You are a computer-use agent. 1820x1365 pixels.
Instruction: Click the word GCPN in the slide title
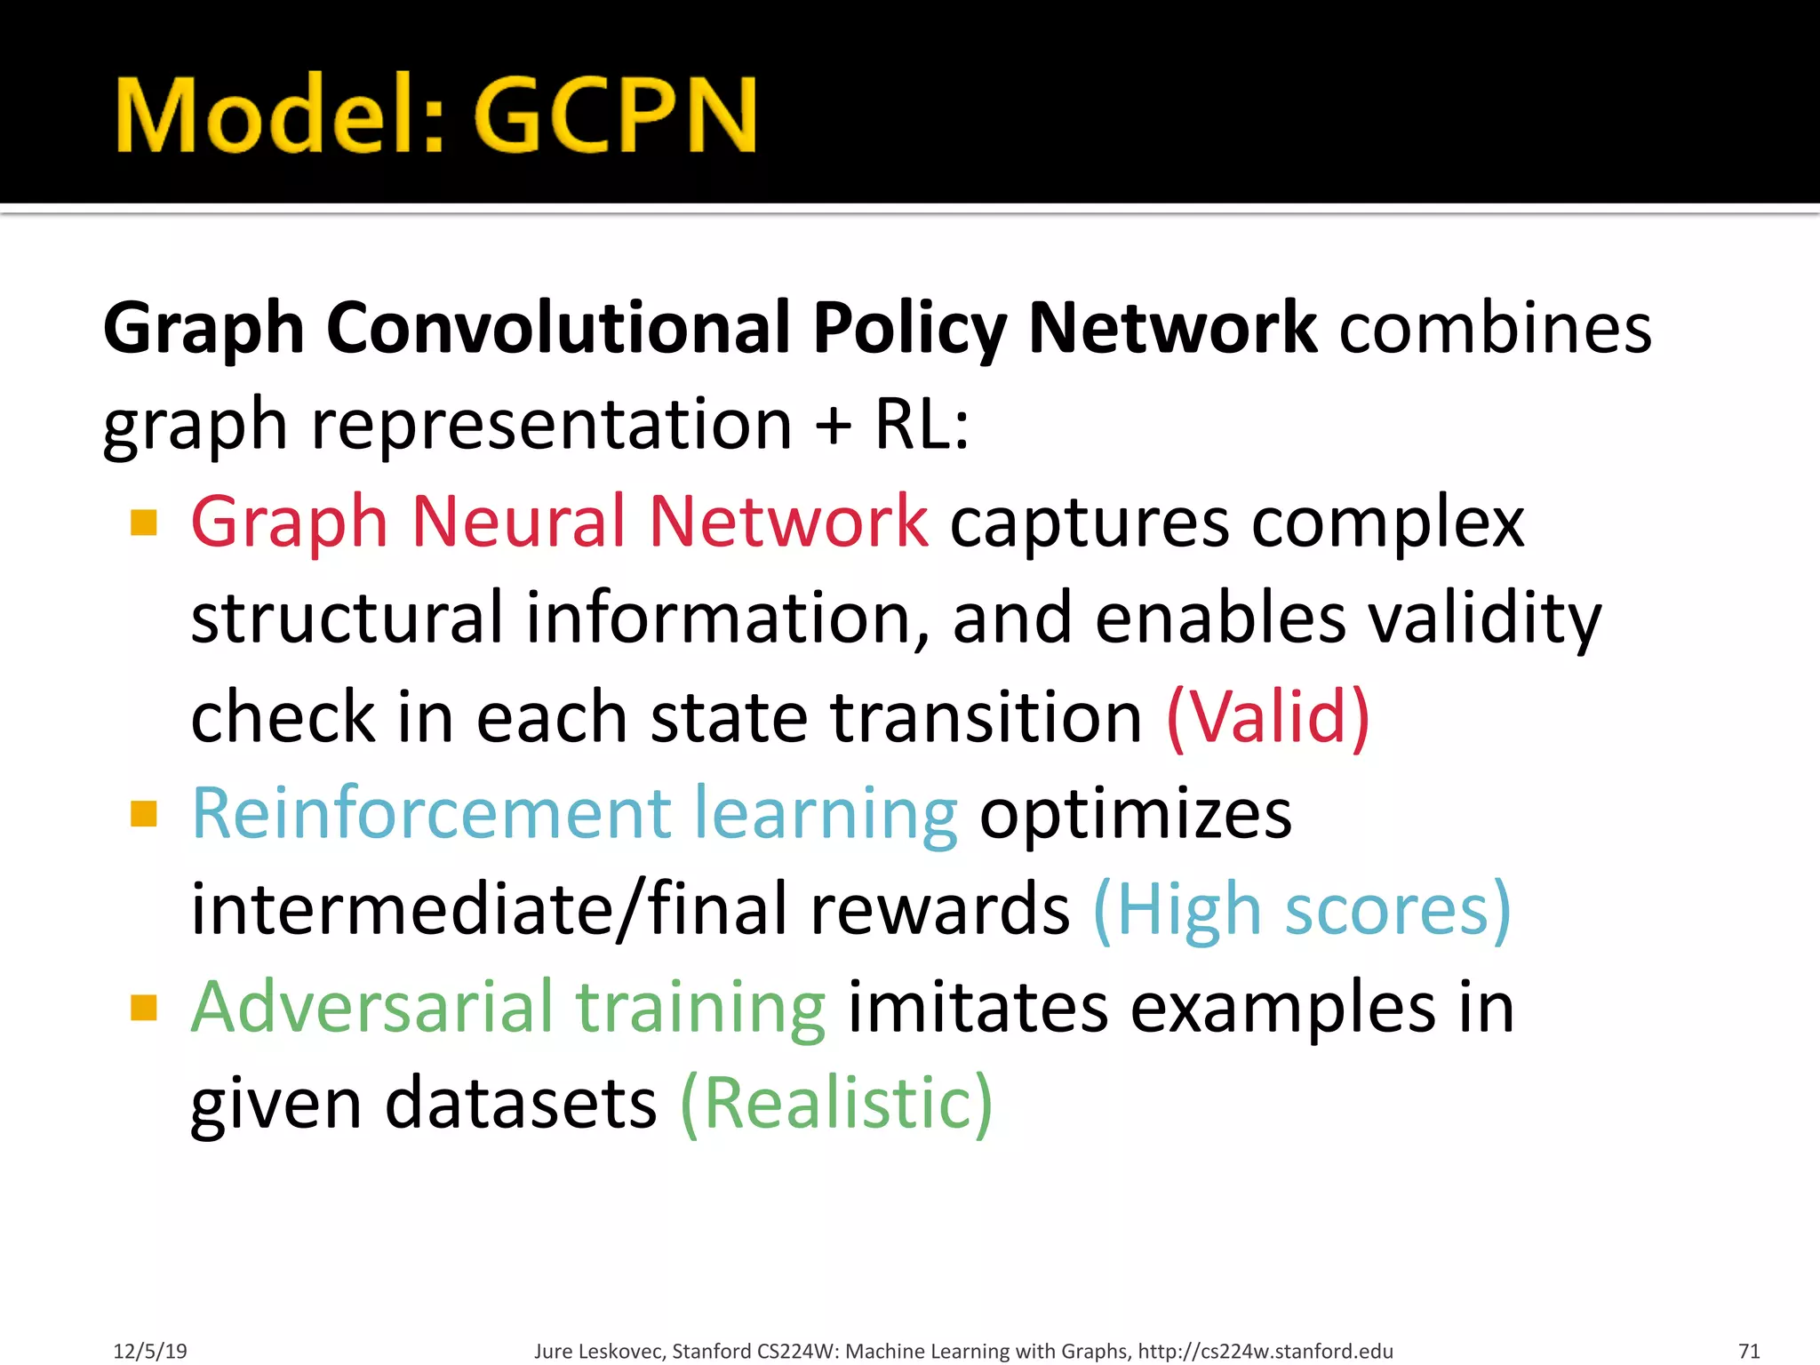click(x=615, y=116)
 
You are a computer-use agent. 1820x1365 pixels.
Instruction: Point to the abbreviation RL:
click(x=922, y=424)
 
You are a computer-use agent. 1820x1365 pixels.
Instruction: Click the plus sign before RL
click(x=833, y=426)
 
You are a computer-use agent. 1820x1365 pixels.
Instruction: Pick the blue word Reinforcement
click(x=431, y=812)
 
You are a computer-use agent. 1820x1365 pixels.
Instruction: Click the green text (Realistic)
click(x=835, y=1104)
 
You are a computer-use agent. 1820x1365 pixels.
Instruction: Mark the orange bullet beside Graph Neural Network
click(x=143, y=523)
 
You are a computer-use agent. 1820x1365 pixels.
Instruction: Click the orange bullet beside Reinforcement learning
click(x=143, y=813)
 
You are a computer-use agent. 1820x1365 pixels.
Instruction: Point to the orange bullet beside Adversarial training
click(x=143, y=1008)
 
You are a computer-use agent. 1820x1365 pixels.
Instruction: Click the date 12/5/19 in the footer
click(x=150, y=1351)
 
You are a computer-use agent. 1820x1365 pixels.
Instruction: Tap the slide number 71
click(x=1749, y=1351)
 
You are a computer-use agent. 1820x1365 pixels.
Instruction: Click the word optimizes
click(x=1135, y=814)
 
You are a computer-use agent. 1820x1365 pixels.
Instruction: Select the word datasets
click(x=521, y=1104)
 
